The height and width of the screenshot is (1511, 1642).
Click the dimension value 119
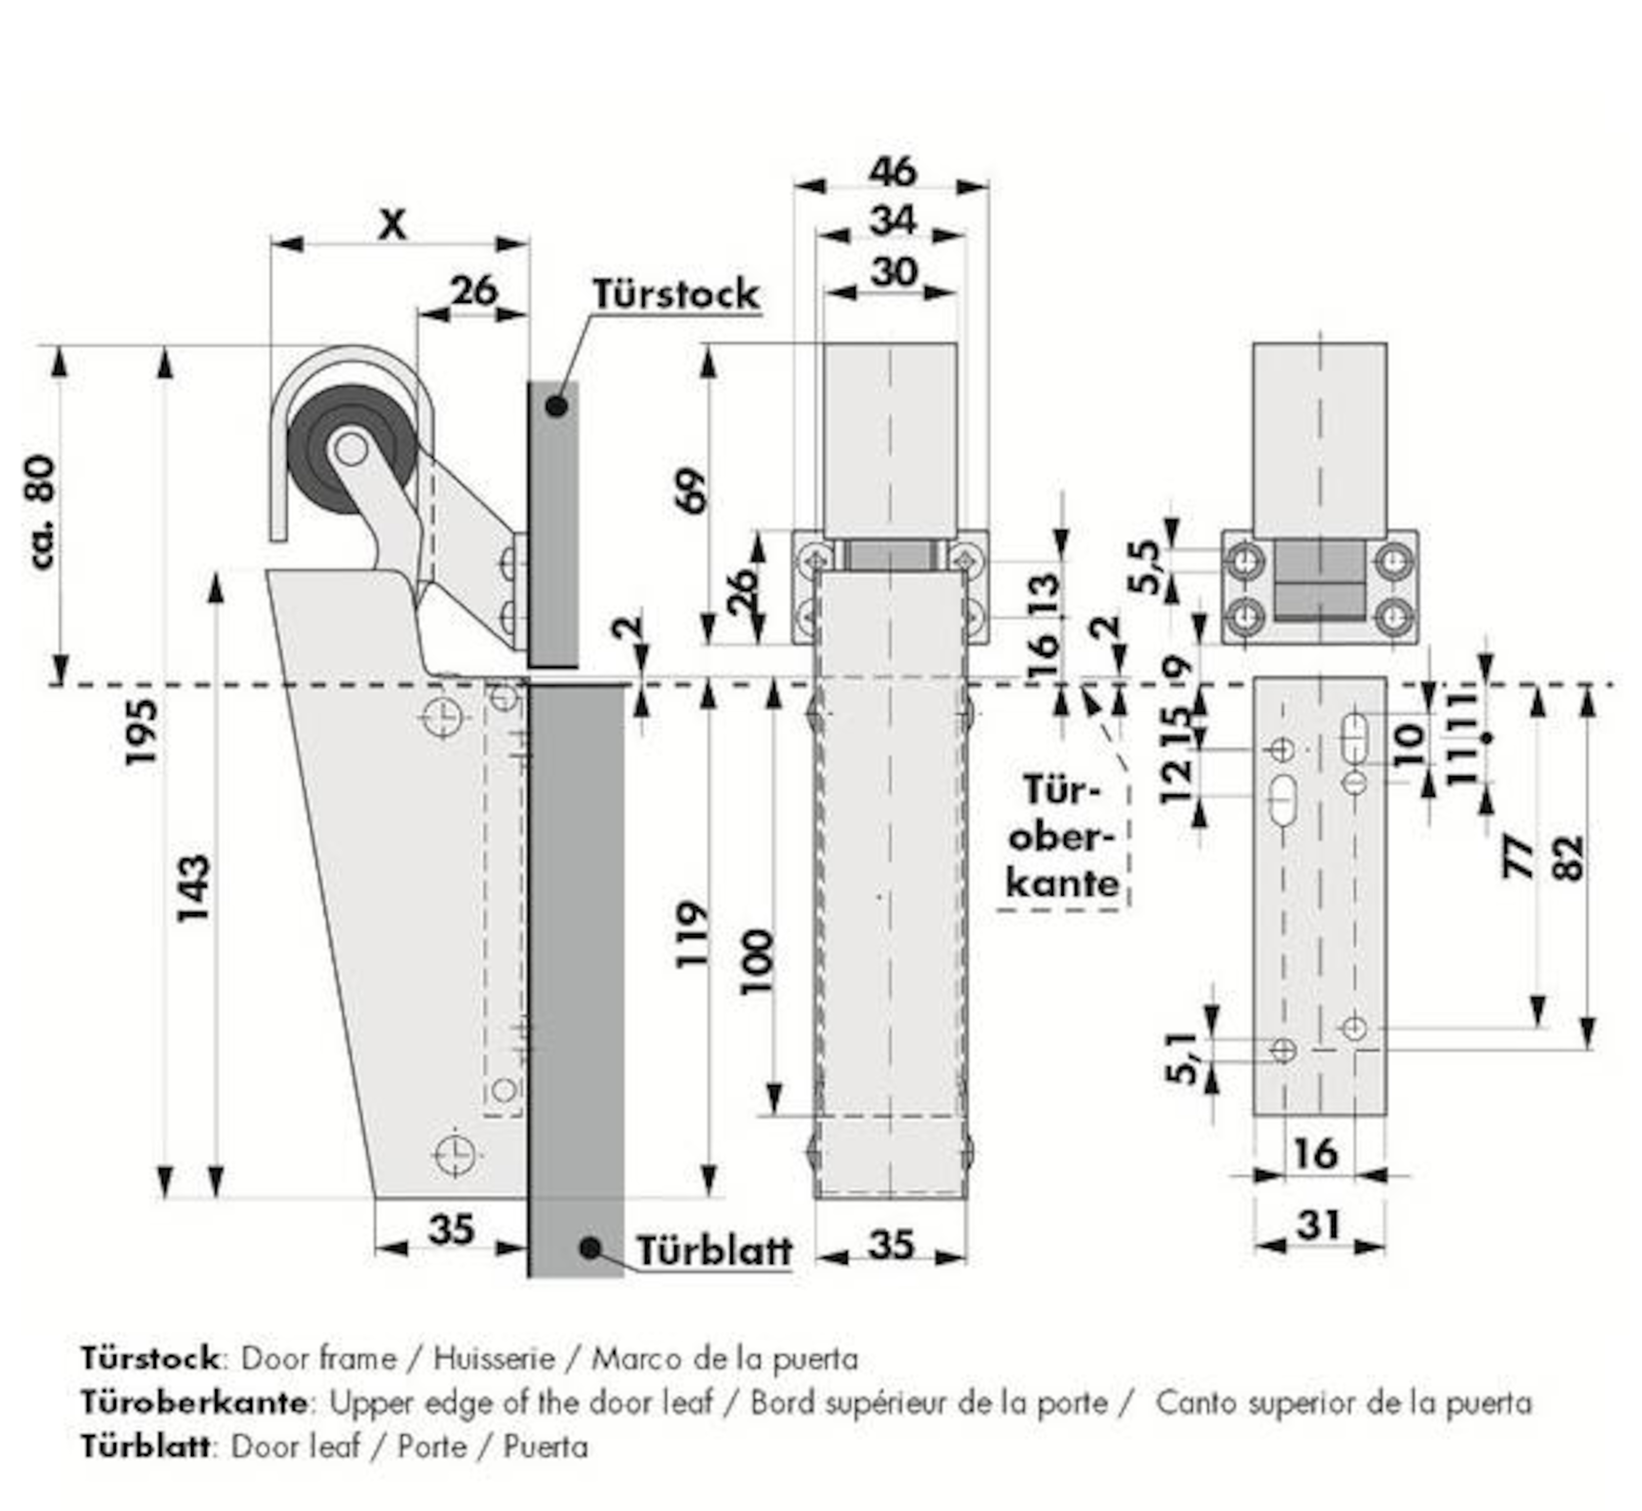click(692, 934)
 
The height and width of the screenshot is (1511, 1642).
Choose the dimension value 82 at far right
click(1567, 859)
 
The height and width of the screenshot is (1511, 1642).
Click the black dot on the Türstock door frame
click(556, 405)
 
